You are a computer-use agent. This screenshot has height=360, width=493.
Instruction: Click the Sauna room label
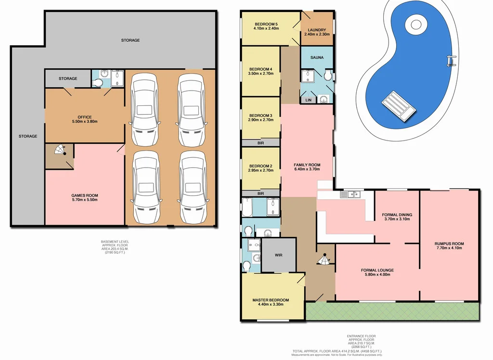click(x=317, y=57)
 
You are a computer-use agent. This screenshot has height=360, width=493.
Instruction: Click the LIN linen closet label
click(x=308, y=100)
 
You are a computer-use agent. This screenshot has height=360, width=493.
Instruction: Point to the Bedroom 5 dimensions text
click(x=266, y=28)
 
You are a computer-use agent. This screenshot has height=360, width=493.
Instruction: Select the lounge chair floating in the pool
click(x=398, y=105)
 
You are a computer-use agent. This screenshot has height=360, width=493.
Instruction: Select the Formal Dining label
click(x=397, y=217)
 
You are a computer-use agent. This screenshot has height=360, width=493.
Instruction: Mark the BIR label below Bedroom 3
click(x=260, y=143)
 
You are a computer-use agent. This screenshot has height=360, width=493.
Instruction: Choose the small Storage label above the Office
click(x=68, y=78)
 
